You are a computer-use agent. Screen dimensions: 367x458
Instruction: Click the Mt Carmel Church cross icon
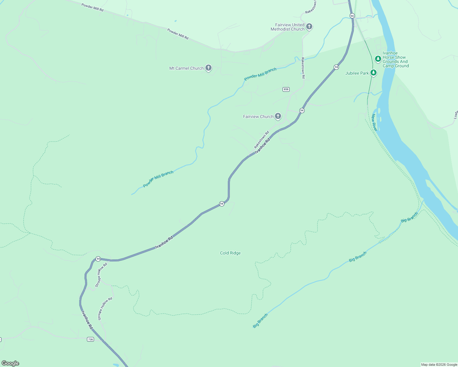pyautogui.click(x=208, y=68)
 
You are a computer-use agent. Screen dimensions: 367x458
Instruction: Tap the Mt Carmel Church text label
pyautogui.click(x=186, y=68)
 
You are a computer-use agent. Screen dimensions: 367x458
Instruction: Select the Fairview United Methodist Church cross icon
pyautogui.click(x=309, y=26)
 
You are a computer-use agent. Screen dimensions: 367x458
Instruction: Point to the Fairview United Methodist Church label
pyautogui.click(x=288, y=27)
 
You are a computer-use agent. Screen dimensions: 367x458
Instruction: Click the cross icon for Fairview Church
pyautogui.click(x=278, y=116)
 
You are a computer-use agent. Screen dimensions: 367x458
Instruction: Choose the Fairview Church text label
pyautogui.click(x=258, y=117)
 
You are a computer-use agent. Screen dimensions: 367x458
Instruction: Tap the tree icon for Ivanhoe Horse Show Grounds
pyautogui.click(x=378, y=58)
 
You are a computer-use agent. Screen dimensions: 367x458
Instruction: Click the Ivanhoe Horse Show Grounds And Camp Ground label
pyautogui.click(x=396, y=59)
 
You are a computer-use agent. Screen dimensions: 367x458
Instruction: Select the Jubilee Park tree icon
pyautogui.click(x=373, y=72)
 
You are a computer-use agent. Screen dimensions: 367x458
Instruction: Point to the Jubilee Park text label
pyautogui.click(x=357, y=73)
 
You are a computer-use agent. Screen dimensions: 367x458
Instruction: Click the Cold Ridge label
pyautogui.click(x=230, y=253)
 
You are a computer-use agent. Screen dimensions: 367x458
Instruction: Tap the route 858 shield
pyautogui.click(x=286, y=89)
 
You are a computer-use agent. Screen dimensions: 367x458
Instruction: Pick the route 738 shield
pyautogui.click(x=90, y=339)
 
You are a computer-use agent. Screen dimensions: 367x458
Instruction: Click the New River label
pyautogui.click(x=374, y=122)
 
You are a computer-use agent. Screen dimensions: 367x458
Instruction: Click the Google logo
pyautogui.click(x=10, y=363)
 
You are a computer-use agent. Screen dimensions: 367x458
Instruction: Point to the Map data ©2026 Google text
pyautogui.click(x=439, y=365)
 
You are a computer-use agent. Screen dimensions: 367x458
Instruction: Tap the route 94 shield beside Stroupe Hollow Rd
pyautogui.click(x=98, y=259)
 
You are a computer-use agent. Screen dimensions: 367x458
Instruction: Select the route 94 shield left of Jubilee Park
pyautogui.click(x=336, y=67)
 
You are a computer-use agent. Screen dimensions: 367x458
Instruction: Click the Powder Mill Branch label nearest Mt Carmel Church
pyautogui.click(x=260, y=74)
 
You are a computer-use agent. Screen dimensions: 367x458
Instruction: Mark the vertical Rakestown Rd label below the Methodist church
pyautogui.click(x=303, y=68)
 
